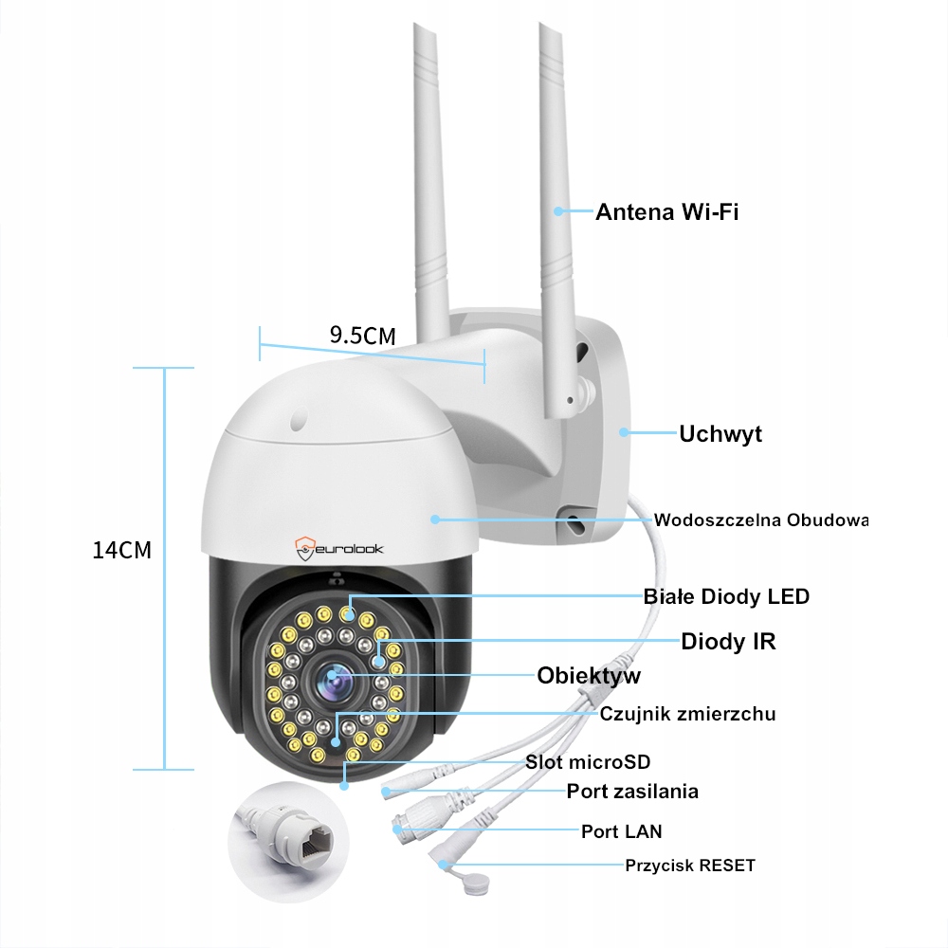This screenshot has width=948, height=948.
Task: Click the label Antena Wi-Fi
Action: coord(666,211)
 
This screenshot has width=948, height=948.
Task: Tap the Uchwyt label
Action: coord(720,434)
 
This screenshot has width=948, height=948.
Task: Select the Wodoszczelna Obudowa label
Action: coord(760,520)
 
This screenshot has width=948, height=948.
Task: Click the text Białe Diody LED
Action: coord(726,596)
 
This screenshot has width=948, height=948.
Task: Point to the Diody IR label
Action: coord(728,642)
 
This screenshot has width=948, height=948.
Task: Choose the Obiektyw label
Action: coord(589,676)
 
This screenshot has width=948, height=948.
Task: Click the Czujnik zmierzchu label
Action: coord(687,714)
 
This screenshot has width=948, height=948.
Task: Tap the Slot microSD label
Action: coord(588,762)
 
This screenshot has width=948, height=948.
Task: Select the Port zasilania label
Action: coord(632,791)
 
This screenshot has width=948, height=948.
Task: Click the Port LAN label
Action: coord(621,831)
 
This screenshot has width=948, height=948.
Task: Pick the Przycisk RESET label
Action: coord(690,865)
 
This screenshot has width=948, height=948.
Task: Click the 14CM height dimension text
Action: coord(121,551)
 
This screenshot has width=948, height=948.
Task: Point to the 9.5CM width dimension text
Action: coord(362,335)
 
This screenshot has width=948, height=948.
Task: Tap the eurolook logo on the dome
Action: coord(338,547)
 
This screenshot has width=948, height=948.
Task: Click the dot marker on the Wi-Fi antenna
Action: coord(559,210)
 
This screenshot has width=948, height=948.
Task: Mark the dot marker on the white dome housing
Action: coord(435,519)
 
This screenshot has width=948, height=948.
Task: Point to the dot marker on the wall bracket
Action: coord(623,433)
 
